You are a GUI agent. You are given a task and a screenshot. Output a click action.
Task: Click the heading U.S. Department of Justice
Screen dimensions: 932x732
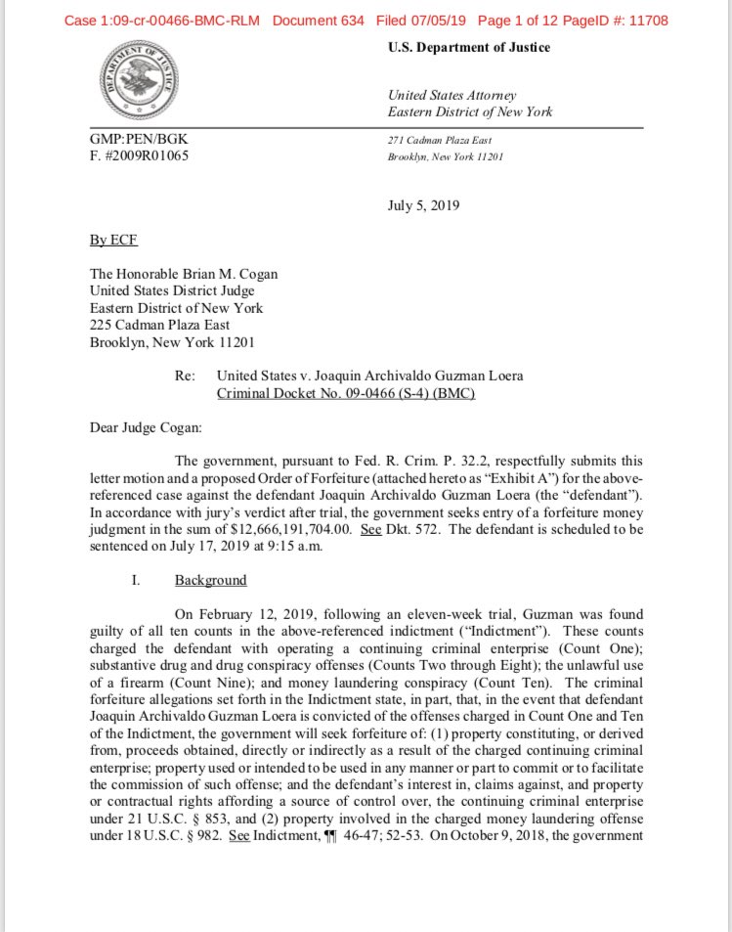468,48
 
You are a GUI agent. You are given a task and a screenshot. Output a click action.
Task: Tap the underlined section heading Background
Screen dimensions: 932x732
210,580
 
